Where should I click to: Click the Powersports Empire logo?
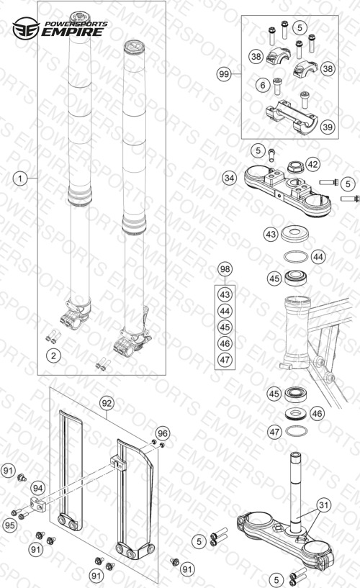(x=60, y=28)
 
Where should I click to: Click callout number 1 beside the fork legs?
(x=20, y=178)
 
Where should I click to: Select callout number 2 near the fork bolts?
(x=53, y=355)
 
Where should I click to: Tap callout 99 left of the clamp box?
(x=224, y=74)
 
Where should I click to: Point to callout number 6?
(x=263, y=85)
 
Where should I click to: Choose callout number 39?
(x=328, y=127)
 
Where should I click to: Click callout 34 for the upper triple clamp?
(x=229, y=177)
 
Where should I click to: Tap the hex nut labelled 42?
(x=295, y=167)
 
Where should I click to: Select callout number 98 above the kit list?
(x=225, y=269)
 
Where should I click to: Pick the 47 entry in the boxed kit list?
(x=225, y=360)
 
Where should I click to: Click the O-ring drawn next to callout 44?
(x=296, y=257)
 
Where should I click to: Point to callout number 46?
(x=317, y=413)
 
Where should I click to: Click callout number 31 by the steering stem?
(x=323, y=505)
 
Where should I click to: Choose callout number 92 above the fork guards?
(x=107, y=403)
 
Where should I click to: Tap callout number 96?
(x=163, y=433)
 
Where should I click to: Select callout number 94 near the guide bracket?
(x=38, y=488)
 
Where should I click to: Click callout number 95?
(x=10, y=525)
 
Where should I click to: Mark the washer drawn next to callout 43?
(x=294, y=233)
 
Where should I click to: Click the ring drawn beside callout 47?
(x=296, y=431)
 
